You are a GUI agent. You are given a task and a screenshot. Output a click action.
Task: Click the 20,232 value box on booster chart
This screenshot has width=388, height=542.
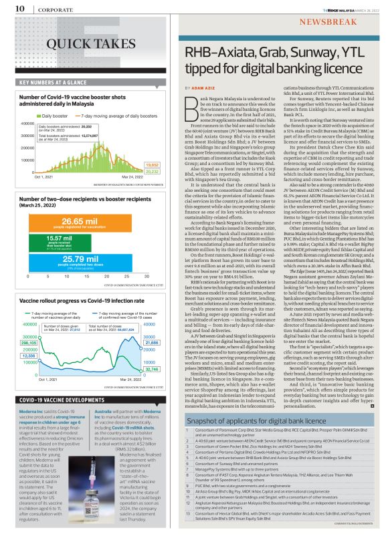coord(152,171)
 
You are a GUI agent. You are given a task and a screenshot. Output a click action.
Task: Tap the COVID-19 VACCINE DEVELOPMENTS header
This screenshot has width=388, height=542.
coord(53,399)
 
